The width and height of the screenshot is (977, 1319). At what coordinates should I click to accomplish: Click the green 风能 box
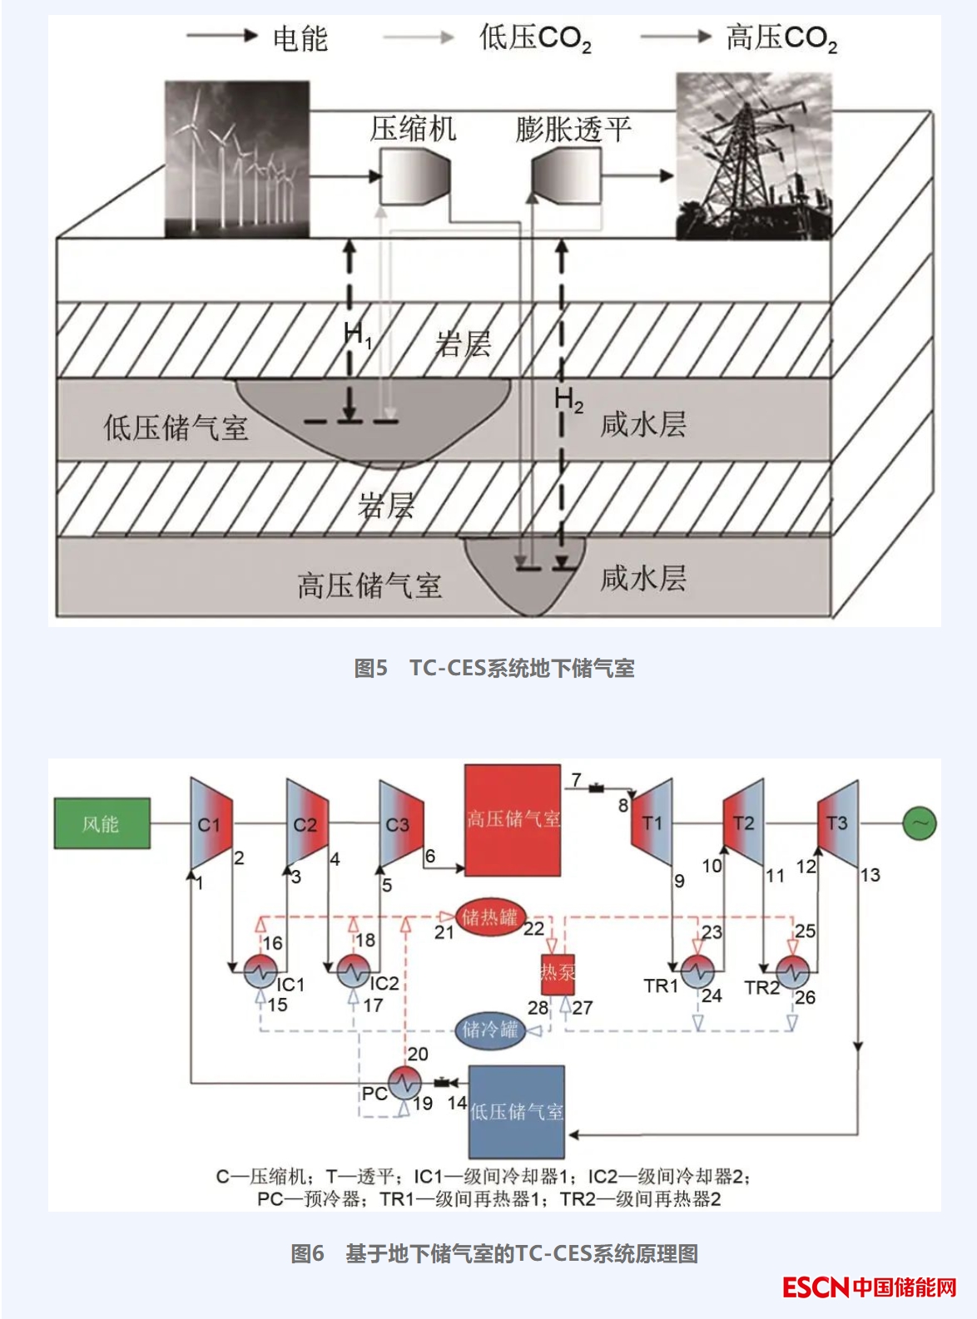(x=102, y=823)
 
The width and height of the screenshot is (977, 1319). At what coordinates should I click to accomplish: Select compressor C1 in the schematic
(x=211, y=823)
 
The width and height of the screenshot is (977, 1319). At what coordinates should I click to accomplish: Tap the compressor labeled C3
(x=399, y=823)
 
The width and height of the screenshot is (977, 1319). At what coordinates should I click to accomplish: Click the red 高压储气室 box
(x=513, y=820)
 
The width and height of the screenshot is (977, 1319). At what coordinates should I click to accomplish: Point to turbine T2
(x=743, y=823)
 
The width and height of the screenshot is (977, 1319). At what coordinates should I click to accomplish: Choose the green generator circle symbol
(x=920, y=823)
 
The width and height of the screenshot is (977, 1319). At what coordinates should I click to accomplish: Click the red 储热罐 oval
(x=490, y=917)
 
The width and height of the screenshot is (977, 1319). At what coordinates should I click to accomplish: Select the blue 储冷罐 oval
(x=490, y=1030)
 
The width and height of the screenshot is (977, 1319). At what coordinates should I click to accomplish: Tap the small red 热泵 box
(x=558, y=972)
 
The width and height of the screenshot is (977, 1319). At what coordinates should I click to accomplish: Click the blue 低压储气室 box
(x=517, y=1111)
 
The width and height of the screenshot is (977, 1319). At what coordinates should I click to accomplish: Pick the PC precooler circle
(x=404, y=1083)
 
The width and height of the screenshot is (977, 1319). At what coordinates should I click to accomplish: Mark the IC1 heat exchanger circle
(x=260, y=971)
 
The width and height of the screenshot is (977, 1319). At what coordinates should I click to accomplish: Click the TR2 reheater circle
(x=792, y=971)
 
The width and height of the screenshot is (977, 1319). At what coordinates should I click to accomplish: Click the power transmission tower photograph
(x=753, y=156)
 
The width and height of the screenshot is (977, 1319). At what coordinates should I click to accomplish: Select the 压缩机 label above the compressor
(x=413, y=129)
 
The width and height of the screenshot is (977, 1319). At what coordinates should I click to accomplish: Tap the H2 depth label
(x=569, y=401)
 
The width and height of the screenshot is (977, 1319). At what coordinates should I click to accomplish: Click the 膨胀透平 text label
(x=573, y=129)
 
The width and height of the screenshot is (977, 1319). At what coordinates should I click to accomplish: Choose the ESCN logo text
(x=815, y=1287)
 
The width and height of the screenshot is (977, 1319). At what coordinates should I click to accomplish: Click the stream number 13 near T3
(x=870, y=875)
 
